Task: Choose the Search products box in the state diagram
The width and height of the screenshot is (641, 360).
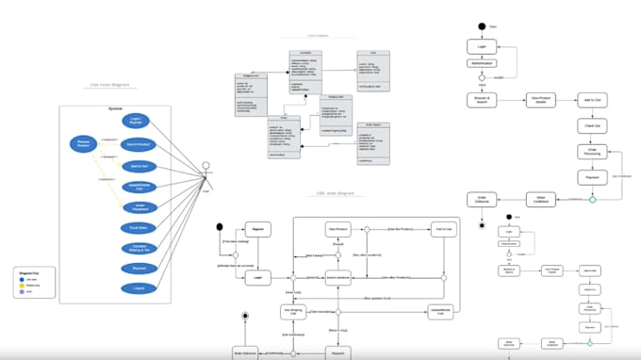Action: (338, 277)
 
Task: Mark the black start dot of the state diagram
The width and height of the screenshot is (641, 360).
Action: (220, 227)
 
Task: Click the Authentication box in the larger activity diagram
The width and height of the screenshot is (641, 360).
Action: (482, 63)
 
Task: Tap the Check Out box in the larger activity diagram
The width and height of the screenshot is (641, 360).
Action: (592, 124)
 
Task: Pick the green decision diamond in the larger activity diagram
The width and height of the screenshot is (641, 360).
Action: (592, 199)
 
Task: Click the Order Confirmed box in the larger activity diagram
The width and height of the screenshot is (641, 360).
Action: (539, 198)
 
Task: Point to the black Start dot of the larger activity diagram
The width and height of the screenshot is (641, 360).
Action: (482, 26)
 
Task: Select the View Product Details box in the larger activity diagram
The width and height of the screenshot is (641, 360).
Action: (539, 99)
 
